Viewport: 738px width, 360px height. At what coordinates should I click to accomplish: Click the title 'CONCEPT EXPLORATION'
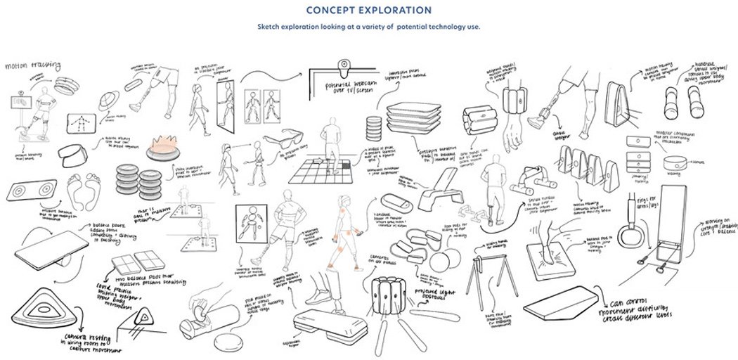click(368, 11)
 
